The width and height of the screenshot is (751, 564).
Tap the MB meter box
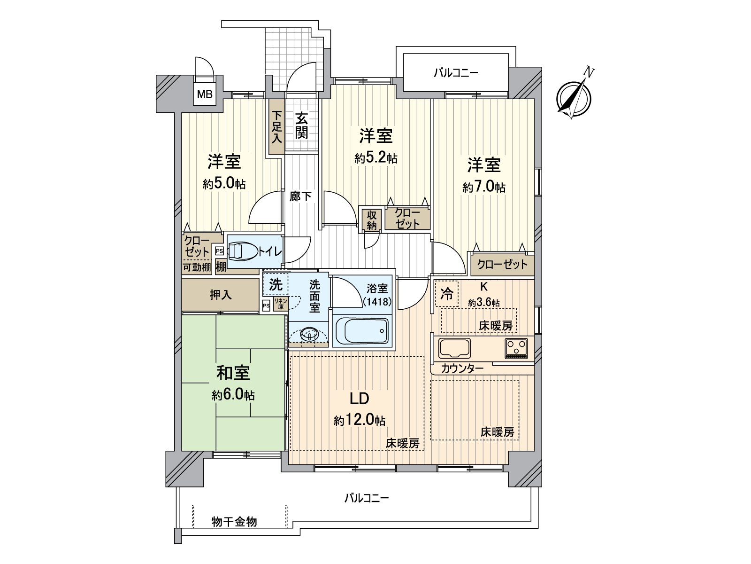(x=205, y=94)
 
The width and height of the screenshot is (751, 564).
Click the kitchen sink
(x=454, y=348)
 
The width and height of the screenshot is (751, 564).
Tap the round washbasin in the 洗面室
(x=309, y=335)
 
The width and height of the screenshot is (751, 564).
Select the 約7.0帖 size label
(x=484, y=187)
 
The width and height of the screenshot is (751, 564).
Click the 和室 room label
(x=233, y=373)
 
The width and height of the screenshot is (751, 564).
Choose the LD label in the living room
(x=359, y=399)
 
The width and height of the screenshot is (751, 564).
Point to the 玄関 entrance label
(x=301, y=125)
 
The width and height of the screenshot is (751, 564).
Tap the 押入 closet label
(x=220, y=295)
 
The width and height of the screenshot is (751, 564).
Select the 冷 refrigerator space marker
(x=447, y=294)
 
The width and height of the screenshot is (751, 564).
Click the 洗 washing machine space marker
(x=276, y=284)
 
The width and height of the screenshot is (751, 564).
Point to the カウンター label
(x=462, y=368)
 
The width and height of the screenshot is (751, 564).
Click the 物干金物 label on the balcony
(x=234, y=521)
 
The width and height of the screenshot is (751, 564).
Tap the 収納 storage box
(x=372, y=219)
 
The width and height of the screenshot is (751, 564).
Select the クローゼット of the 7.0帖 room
(x=502, y=264)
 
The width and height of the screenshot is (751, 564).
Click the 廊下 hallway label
(x=300, y=196)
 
